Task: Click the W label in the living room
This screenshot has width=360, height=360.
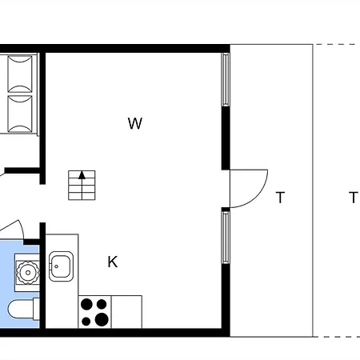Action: tap(135, 123)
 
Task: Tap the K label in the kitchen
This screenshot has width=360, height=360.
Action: tap(113, 262)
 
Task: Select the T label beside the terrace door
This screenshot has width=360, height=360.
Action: tap(280, 198)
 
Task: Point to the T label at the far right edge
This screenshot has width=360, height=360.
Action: tap(354, 198)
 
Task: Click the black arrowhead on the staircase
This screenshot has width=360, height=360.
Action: tap(82, 175)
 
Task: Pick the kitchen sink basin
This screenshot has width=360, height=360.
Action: tap(61, 266)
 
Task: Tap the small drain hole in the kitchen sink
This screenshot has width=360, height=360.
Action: tap(56, 266)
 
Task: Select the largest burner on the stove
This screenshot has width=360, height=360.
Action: tap(102, 319)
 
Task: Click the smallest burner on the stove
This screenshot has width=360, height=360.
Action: tap(86, 322)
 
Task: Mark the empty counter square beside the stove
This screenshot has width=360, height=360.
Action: tap(126, 312)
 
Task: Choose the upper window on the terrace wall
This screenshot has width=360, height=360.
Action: tap(226, 80)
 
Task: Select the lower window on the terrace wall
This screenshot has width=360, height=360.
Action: tap(226, 238)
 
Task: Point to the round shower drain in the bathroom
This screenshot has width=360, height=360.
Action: tap(28, 272)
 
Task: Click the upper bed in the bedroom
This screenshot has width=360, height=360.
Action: tap(20, 74)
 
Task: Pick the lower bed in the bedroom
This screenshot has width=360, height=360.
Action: tap(20, 114)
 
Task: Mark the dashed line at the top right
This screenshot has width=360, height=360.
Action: tap(337, 44)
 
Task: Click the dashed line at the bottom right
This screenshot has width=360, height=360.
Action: tap(337, 337)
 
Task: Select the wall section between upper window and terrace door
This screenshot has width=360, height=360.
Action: tap(226, 138)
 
